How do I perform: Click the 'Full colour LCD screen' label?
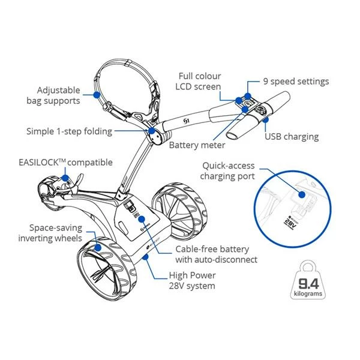[199, 82]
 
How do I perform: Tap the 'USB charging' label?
[292, 137]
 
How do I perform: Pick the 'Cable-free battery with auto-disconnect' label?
[217, 254]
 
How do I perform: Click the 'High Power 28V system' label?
[192, 281]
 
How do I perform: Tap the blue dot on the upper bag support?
[95, 94]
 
